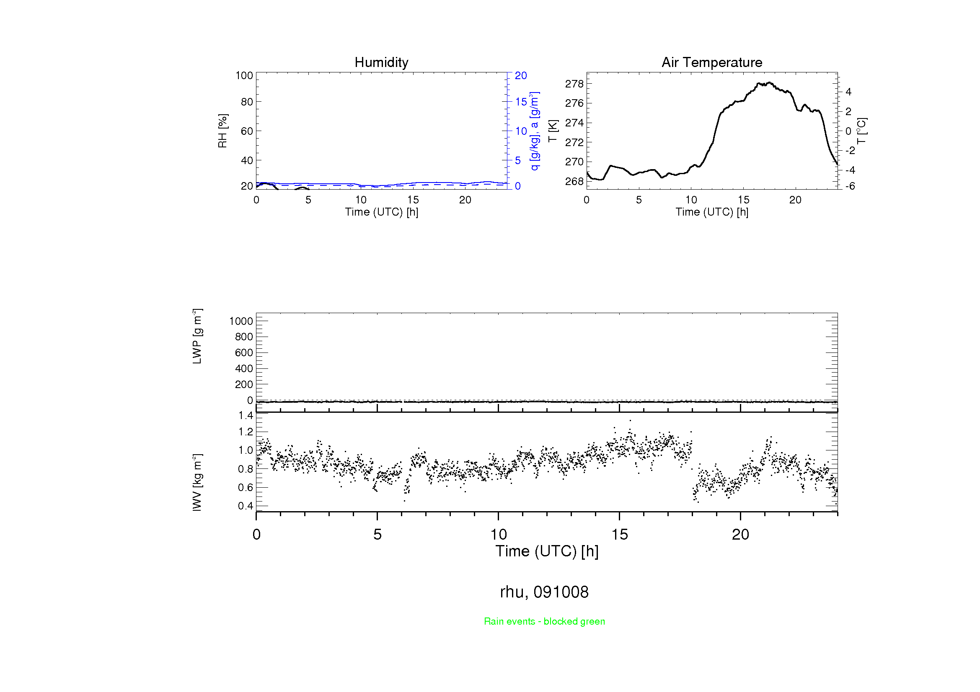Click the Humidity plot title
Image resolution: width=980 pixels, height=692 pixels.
tap(381, 62)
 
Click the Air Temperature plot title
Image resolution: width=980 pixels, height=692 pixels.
tap(711, 62)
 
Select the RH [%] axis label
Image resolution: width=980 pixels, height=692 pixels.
tap(222, 131)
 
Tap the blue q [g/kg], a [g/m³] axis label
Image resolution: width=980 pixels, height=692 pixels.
tap(534, 131)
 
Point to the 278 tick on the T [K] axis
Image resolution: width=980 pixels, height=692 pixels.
tap(574, 84)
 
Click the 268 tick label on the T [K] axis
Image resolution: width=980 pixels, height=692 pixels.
tap(574, 182)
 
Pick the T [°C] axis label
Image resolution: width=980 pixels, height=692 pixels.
tap(861, 131)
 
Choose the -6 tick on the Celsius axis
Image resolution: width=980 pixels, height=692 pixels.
tap(850, 186)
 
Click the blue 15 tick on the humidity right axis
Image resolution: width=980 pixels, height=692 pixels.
tap(521, 102)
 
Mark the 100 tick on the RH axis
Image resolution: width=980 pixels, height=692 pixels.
tap(244, 76)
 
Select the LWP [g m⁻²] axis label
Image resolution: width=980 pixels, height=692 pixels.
tap(197, 336)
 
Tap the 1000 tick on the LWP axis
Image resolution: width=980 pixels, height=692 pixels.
tap(241, 321)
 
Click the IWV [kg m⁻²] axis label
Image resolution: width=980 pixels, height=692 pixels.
tap(197, 482)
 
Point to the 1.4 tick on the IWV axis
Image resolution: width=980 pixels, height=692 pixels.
tap(246, 415)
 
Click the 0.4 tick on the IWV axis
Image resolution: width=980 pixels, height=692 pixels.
tap(246, 506)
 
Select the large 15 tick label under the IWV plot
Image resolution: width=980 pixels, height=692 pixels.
tap(619, 535)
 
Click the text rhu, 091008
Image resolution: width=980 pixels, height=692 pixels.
tap(544, 592)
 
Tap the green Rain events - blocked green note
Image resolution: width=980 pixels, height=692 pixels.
tap(544, 621)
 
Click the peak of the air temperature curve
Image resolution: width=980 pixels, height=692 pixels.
tap(769, 83)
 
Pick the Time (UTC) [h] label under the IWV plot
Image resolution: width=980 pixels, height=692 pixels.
tap(547, 551)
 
